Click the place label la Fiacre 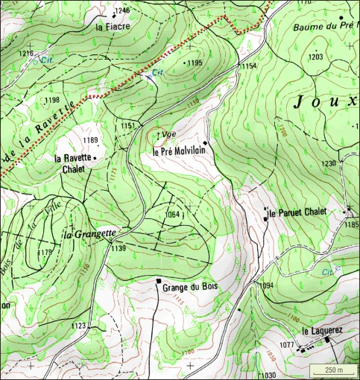pos(113,26)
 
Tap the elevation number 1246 pos(123,10)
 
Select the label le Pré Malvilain pos(178,151)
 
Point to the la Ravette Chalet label pos(73,163)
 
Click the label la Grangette pos(89,233)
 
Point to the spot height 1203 pos(315,57)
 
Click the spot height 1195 pos(195,63)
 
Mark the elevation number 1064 pos(173,215)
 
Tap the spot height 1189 pos(90,140)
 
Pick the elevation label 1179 pos(45,253)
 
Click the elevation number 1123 pos(78,326)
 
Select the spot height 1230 pos(329,163)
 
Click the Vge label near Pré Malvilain pos(168,134)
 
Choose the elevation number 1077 pos(287,344)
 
